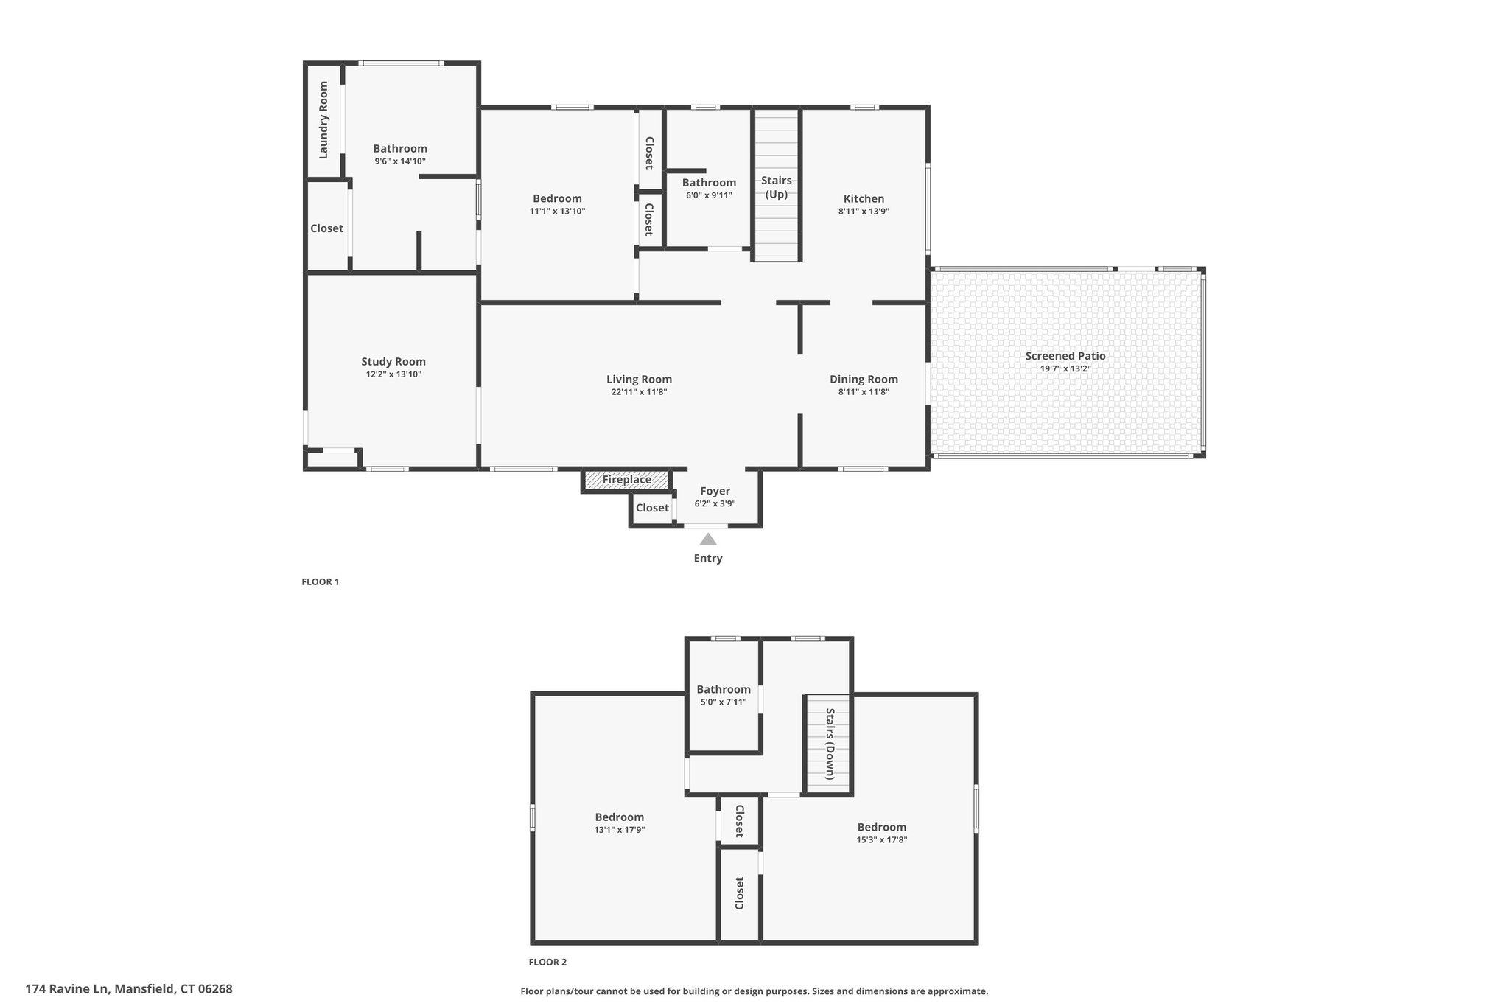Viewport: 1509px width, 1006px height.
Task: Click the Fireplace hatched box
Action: click(x=626, y=480)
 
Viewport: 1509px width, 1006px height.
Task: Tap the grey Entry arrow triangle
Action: click(x=708, y=539)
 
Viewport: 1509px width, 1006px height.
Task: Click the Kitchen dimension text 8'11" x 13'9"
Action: click(x=864, y=211)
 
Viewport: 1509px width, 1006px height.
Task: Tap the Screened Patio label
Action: click(x=1065, y=356)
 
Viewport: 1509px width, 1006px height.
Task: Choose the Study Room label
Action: click(x=393, y=362)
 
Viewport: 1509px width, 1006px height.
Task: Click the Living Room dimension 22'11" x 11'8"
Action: click(x=640, y=392)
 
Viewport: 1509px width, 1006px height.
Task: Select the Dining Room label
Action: click(x=864, y=380)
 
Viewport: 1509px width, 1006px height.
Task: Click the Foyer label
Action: click(x=715, y=491)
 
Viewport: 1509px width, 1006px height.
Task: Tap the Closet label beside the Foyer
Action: click(x=652, y=508)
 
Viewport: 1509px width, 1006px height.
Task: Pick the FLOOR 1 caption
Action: click(x=321, y=581)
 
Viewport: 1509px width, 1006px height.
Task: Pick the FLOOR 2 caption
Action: click(x=547, y=962)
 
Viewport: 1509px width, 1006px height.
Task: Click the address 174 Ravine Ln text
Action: click(x=68, y=989)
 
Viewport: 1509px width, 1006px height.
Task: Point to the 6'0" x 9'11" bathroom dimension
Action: click(x=709, y=195)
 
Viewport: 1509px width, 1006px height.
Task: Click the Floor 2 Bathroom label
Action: click(x=724, y=690)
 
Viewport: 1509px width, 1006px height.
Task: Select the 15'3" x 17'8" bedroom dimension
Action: click(x=882, y=839)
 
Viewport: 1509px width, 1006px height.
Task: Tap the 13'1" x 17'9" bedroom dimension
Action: click(x=620, y=830)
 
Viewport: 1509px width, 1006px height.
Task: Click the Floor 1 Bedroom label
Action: click(x=557, y=198)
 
